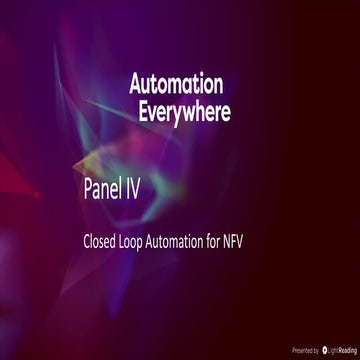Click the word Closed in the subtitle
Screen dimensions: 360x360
(x=101, y=241)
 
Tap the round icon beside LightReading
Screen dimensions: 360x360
(x=323, y=351)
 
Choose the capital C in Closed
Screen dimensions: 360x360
(x=86, y=241)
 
